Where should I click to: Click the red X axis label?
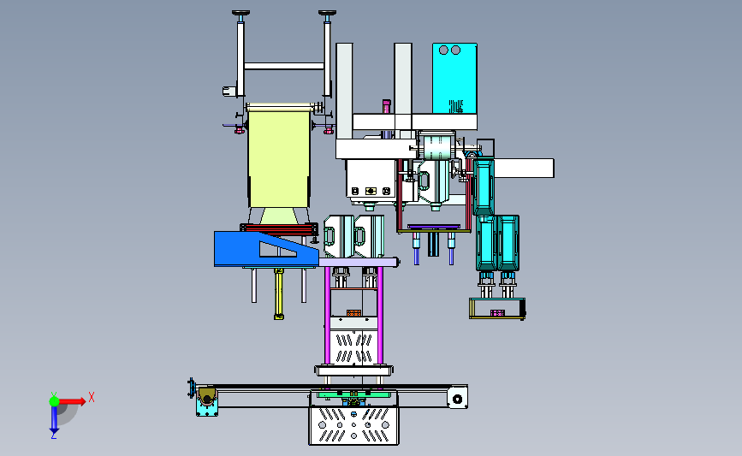click(x=92, y=397)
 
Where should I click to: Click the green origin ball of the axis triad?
click(x=54, y=401)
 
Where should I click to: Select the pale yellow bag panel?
click(x=279, y=157)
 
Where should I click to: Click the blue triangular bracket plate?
click(x=265, y=249)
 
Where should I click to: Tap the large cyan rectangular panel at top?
click(x=454, y=79)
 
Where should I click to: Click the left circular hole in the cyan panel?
click(x=443, y=50)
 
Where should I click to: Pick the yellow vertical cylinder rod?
click(x=279, y=293)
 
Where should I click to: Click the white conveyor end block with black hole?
click(x=458, y=397)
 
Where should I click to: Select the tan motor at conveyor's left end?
click(x=207, y=396)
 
